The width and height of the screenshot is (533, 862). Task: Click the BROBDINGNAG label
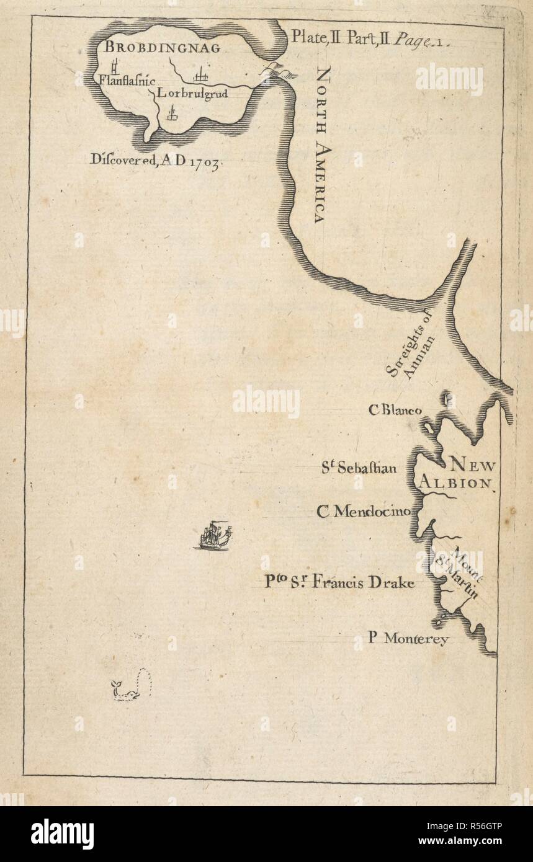[x=153, y=48]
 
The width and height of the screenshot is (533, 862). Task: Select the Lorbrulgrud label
[x=192, y=94]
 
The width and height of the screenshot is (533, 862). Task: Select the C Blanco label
[x=395, y=410]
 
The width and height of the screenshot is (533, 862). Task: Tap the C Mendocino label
[x=363, y=511]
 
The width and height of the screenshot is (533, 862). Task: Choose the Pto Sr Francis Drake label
[x=339, y=582]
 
